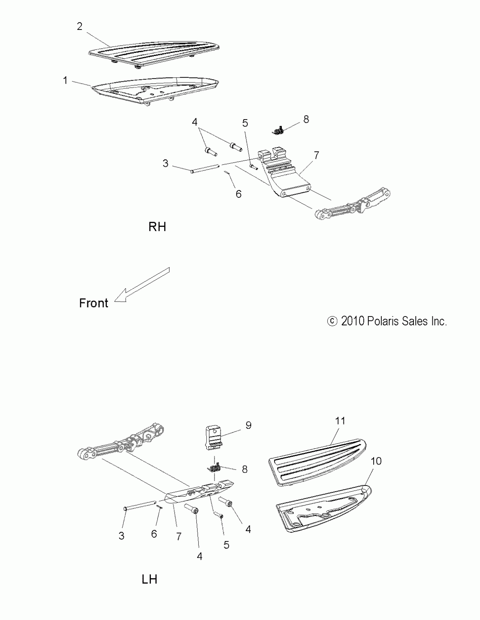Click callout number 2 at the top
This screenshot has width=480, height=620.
80,26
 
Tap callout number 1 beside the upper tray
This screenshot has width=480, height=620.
66,80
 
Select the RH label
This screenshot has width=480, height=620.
157,227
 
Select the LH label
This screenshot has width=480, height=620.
149,579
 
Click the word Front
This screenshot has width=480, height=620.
93,303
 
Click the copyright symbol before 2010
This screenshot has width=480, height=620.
332,321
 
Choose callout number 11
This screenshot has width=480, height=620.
340,421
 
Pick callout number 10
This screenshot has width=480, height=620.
376,461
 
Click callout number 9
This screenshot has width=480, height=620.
248,425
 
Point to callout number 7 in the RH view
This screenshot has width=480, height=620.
316,155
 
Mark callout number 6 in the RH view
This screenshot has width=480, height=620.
238,194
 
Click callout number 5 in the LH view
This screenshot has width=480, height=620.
226,545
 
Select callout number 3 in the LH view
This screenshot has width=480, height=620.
121,536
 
